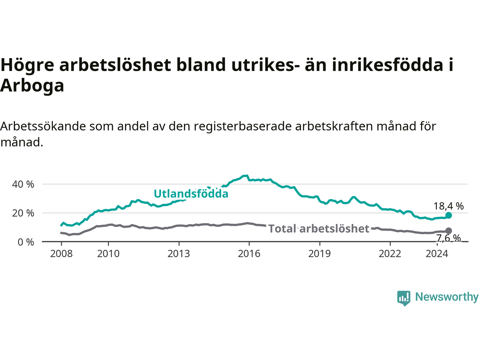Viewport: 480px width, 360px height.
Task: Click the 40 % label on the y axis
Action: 23,184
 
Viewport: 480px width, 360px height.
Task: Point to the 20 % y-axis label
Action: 23,213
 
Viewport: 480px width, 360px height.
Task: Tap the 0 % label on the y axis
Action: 26,242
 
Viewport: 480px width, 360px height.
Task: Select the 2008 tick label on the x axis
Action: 61,254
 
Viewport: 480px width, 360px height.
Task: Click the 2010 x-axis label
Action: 108,254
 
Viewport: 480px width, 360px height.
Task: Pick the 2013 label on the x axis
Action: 178,254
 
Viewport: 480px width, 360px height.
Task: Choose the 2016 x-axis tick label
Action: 249,254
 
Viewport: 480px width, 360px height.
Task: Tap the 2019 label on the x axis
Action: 319,254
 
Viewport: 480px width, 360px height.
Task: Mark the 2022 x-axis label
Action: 390,254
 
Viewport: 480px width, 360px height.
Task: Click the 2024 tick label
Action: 437,254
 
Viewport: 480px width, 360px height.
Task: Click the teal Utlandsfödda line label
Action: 191,193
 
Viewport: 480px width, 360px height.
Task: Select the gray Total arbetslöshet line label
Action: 319,229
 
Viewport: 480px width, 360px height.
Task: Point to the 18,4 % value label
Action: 448,206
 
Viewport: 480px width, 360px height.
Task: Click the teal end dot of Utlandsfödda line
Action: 449,215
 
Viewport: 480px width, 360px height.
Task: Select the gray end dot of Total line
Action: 449,231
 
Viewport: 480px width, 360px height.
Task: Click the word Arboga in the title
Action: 32,85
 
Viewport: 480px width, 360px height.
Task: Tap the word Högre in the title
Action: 27,65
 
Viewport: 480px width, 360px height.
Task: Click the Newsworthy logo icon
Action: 403,298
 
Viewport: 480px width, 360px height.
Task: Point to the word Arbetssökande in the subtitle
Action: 43,126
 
